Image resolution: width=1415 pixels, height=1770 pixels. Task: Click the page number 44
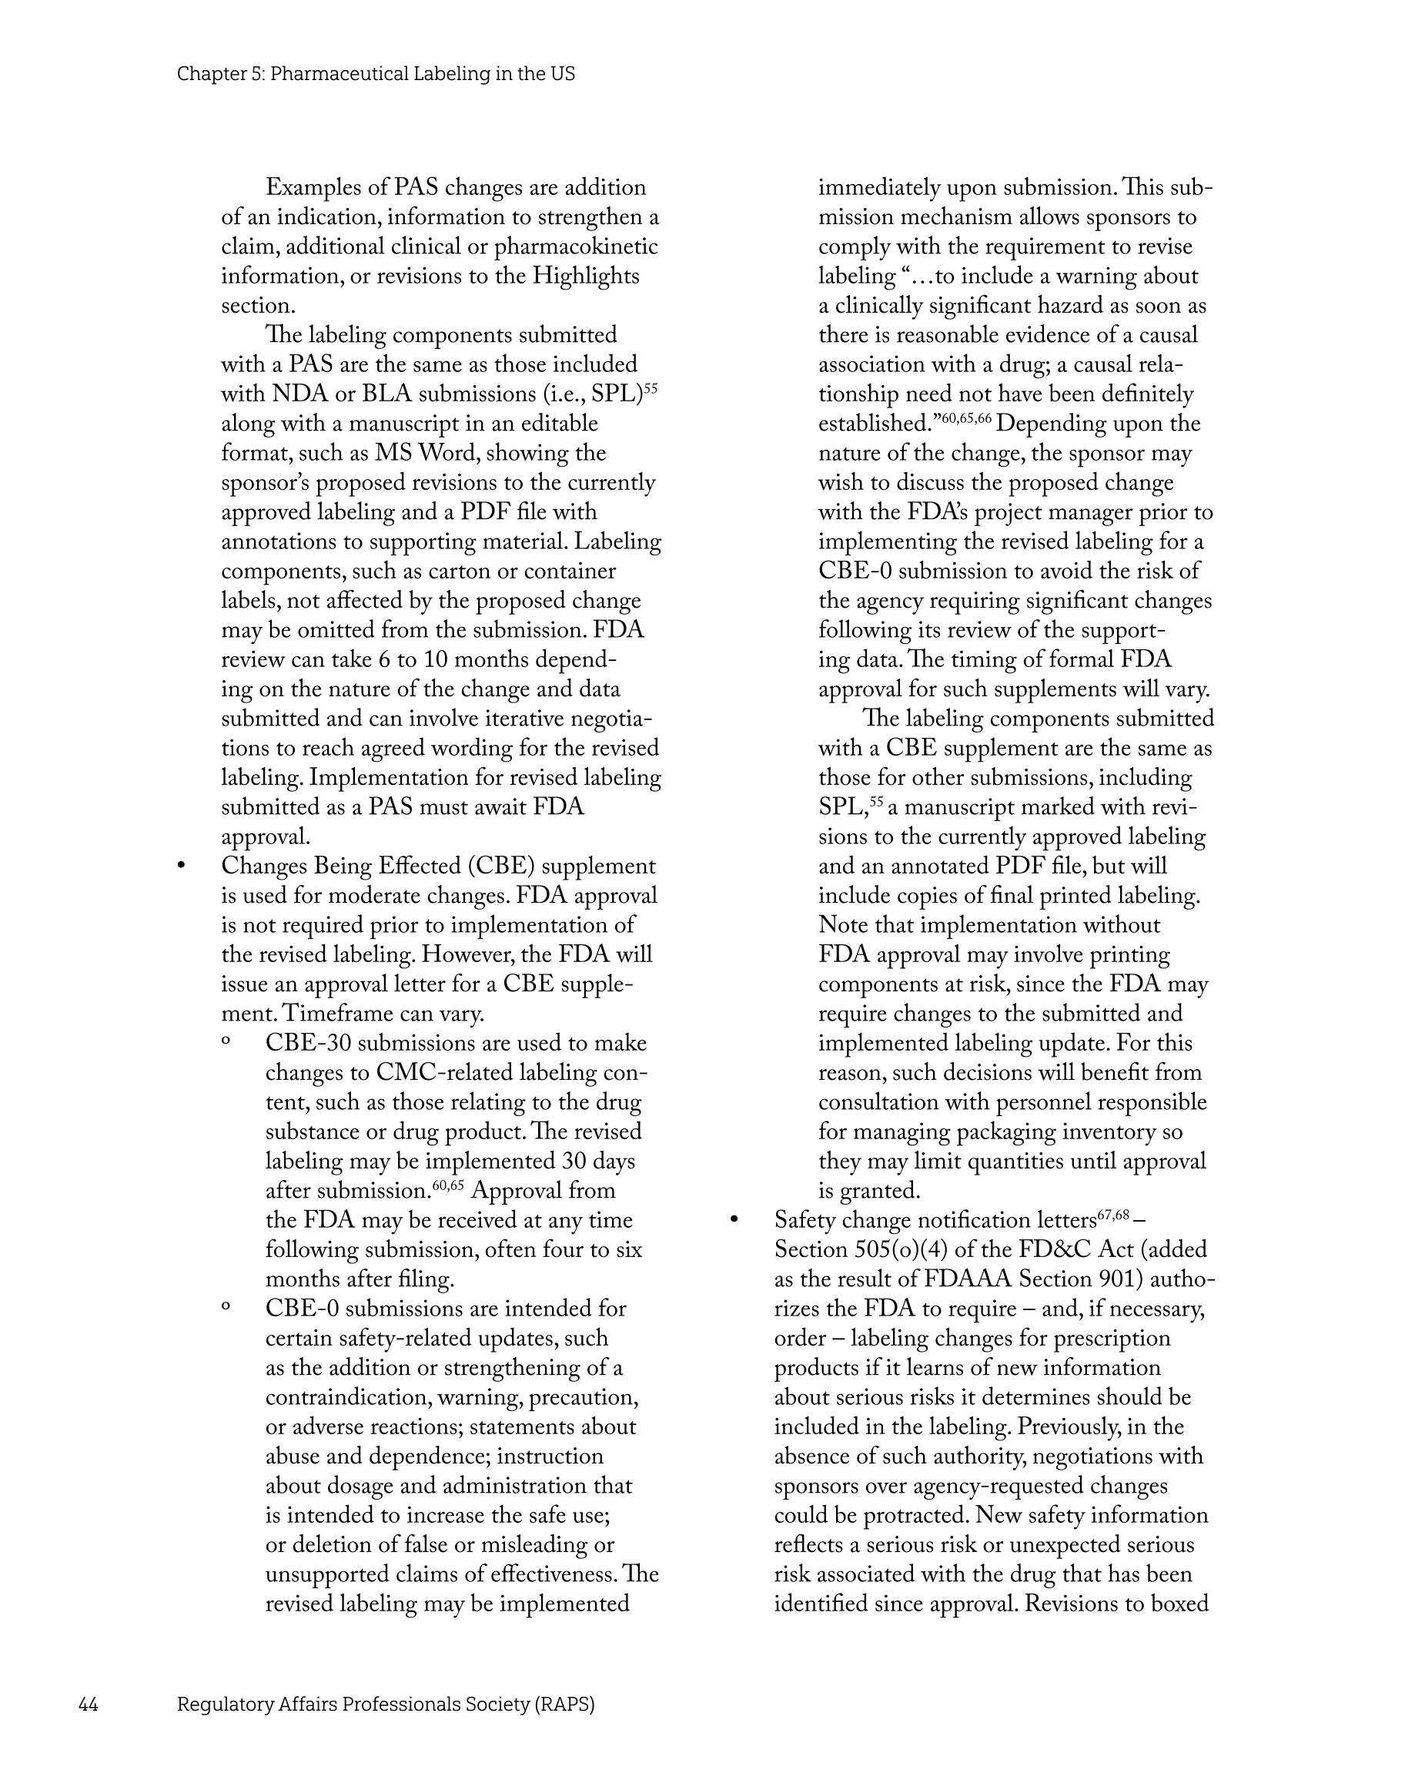[x=88, y=1705]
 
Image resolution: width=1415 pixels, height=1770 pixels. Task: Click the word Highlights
[x=586, y=276]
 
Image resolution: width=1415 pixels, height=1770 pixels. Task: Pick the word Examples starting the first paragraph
[x=315, y=187]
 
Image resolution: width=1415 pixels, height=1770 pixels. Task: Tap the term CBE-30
[x=309, y=1044]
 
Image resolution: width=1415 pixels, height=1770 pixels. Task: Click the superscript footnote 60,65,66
[x=966, y=419]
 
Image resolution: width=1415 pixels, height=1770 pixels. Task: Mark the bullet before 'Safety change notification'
[x=734, y=1221]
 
